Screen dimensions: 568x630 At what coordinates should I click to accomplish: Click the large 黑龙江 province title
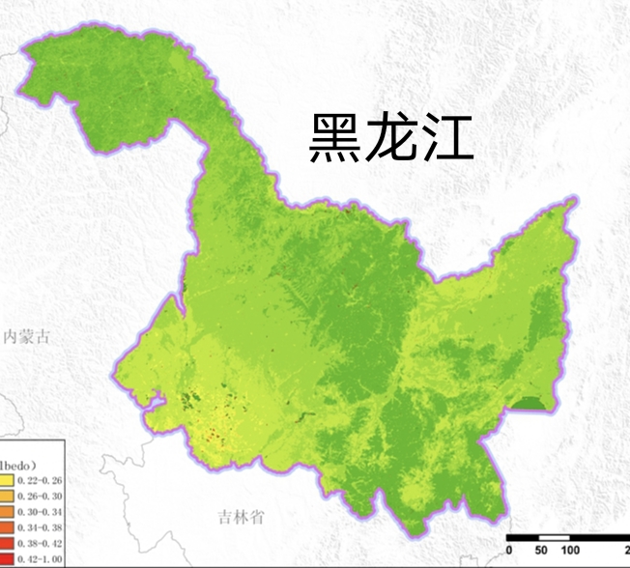click(x=390, y=138)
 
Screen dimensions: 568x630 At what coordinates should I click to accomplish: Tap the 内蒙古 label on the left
click(x=26, y=337)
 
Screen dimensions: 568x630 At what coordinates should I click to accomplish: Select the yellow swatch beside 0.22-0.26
click(x=6, y=479)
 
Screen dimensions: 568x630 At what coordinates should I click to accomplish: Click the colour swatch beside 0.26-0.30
click(x=6, y=496)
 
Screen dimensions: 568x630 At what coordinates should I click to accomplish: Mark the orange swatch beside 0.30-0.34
click(x=6, y=512)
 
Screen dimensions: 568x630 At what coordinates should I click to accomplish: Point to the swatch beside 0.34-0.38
click(x=6, y=528)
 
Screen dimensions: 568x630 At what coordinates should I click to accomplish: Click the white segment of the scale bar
click(x=555, y=537)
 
